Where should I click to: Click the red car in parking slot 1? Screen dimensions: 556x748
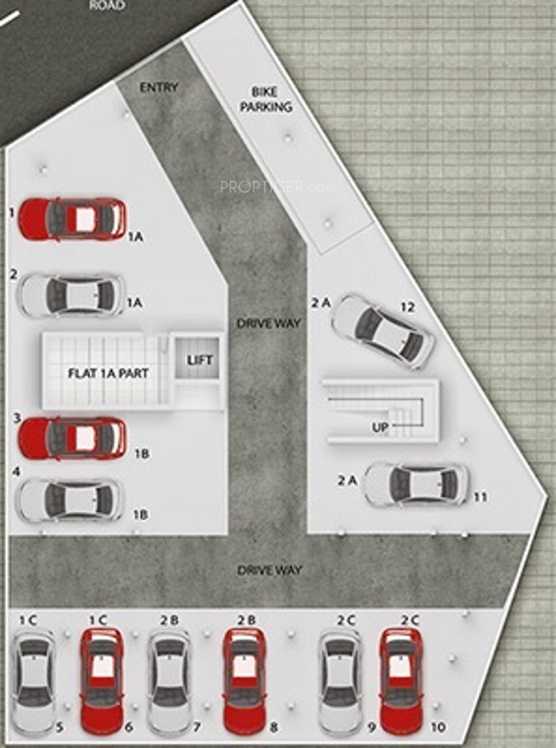72,219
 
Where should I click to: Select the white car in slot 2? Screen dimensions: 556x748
71,295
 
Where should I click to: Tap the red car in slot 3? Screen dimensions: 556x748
72,438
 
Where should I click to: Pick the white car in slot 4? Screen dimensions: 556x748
70,499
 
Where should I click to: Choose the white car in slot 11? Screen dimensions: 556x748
416,484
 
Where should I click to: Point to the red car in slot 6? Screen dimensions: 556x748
102,681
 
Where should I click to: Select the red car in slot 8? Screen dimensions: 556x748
245,681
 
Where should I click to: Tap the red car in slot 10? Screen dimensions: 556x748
401,681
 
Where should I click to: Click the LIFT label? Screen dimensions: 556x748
199,360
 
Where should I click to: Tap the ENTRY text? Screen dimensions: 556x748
159,88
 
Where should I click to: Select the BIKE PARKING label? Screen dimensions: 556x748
265,99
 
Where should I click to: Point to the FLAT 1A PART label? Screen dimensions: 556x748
108,373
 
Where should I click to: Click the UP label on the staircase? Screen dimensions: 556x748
380,427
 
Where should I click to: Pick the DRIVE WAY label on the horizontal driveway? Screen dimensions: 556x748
269,570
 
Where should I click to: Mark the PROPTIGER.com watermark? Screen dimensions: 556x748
277,187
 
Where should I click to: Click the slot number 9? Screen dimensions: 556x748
372,727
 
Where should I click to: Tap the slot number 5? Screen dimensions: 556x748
60,727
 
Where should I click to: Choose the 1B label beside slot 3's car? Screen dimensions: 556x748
141,453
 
